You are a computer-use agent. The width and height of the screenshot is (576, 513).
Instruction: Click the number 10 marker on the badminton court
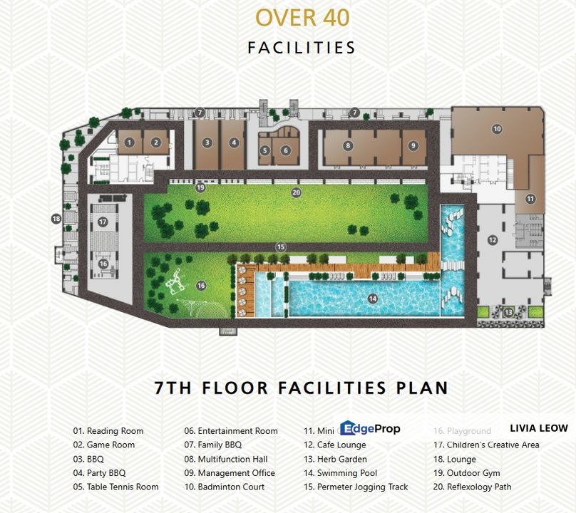(497, 129)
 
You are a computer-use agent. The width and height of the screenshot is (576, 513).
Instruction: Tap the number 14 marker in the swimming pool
(372, 299)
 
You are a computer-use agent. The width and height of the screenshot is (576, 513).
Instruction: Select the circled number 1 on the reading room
(129, 142)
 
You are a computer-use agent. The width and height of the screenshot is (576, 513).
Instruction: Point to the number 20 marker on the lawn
(296, 192)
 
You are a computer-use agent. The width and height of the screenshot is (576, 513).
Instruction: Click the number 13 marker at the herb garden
(508, 312)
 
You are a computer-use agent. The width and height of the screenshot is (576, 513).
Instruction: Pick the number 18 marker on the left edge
(56, 219)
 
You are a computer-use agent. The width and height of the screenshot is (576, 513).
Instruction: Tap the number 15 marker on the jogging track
(281, 247)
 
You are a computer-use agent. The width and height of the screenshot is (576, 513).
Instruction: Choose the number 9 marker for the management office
(413, 145)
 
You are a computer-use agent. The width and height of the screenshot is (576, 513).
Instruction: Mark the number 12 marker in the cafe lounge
(493, 240)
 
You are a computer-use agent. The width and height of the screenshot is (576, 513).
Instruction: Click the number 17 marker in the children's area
(103, 222)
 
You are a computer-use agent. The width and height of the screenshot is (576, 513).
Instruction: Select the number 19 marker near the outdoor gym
(200, 187)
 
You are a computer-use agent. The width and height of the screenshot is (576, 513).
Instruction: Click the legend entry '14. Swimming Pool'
(347, 473)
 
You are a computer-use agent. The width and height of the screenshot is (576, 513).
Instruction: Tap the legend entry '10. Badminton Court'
(224, 487)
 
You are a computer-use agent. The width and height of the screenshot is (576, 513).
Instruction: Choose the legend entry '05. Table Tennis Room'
(115, 487)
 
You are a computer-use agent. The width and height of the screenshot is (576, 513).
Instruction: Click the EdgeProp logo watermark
(370, 428)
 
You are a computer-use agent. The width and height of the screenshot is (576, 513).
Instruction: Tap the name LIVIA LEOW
(538, 428)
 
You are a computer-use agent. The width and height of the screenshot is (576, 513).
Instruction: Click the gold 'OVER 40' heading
(302, 17)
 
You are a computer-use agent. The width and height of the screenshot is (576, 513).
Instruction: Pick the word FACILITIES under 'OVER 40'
(302, 48)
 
